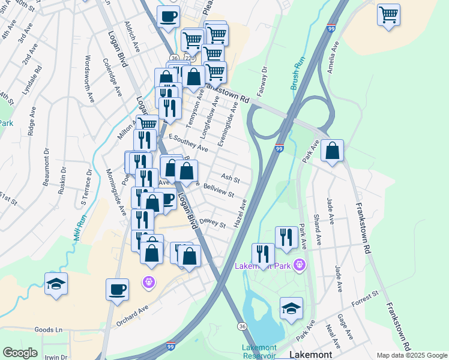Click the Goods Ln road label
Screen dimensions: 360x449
click(49, 329)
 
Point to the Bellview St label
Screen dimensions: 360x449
click(218, 191)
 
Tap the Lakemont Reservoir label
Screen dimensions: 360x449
click(259, 352)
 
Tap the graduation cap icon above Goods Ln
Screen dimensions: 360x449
click(56, 284)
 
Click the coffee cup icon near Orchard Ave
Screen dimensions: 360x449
click(118, 289)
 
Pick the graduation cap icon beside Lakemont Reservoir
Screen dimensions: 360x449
click(291, 308)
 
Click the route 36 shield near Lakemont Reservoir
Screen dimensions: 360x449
click(241, 326)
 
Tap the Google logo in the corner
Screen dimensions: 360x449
click(20, 352)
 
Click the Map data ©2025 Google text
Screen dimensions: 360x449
click(412, 355)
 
